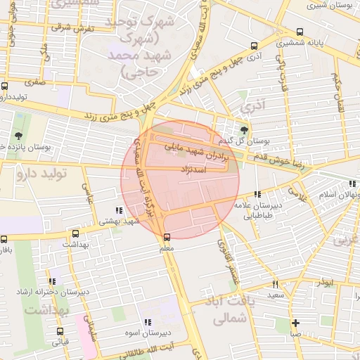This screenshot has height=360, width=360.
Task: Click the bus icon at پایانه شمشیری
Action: [x=300, y=32]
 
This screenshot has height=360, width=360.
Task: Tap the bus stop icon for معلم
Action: [x=167, y=237]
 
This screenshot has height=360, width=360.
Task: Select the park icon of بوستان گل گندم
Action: [x=244, y=129]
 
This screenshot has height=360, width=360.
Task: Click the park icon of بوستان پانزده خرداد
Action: [x=18, y=136]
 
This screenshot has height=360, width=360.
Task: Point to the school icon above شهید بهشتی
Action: [x=118, y=210]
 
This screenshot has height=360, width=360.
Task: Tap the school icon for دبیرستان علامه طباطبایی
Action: [x=258, y=194]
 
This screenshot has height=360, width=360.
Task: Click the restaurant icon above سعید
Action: [x=275, y=284]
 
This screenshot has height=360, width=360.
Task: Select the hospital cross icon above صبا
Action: [x=296, y=323]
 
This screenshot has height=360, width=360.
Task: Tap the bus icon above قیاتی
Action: [x=60, y=332]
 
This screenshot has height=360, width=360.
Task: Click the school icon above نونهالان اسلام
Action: [x=351, y=184]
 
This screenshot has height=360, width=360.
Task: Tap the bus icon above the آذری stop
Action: [x=254, y=46]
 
